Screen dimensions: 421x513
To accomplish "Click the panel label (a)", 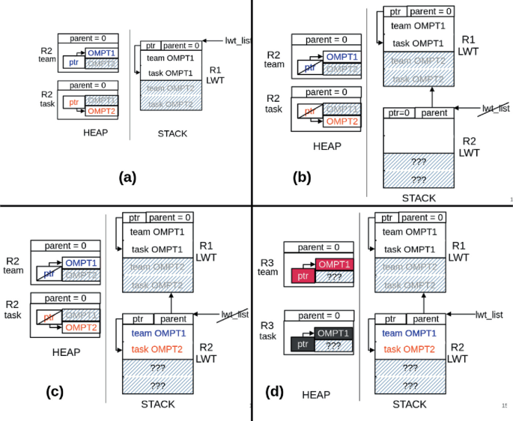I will pos(127,177).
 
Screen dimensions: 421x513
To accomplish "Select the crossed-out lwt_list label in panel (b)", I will pos(496,109).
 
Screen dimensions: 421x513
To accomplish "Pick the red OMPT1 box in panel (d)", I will pos(334,264).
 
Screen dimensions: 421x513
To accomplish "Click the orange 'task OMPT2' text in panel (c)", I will pos(157,349).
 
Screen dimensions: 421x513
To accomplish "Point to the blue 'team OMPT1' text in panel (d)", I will pos(410,333).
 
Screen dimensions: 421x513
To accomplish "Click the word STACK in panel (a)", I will pos(172,134).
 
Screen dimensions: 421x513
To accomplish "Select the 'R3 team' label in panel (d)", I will pos(267,267).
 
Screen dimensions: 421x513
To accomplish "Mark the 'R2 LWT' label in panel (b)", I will pos(469,147).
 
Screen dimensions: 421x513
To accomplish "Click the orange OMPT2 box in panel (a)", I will pos(101,111).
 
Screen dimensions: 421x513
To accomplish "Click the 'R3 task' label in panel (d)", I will pos(267,332).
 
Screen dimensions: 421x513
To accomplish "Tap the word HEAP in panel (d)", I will pos(316,394).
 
